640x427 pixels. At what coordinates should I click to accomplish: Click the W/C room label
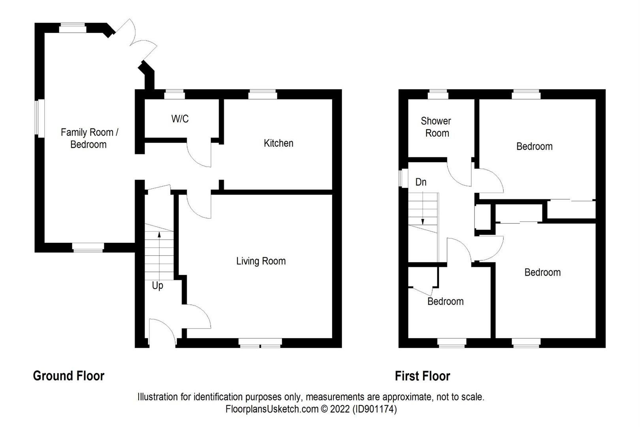(180, 119)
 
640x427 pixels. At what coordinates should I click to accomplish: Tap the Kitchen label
(279, 143)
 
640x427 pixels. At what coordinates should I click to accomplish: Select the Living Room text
(261, 261)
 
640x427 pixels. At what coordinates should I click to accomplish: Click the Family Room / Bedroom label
(89, 138)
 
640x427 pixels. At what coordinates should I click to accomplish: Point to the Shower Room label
(436, 127)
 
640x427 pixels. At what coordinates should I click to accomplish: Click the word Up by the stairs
(157, 285)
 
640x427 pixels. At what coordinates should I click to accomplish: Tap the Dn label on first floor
(421, 182)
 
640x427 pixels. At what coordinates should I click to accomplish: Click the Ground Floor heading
(69, 376)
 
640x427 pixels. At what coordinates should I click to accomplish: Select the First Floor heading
(422, 376)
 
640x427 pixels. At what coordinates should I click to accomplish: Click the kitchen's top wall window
(263, 94)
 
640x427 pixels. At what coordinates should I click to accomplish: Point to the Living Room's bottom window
(260, 343)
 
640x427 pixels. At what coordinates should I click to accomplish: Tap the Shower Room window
(438, 94)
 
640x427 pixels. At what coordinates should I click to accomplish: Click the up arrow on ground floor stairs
(159, 235)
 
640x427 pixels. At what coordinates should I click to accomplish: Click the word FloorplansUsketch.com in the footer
(272, 409)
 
